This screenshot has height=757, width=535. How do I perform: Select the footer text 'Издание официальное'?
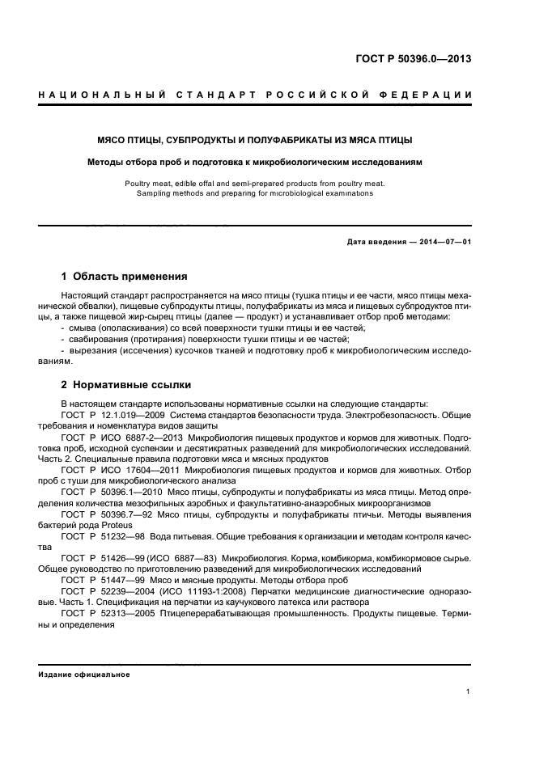point(84,674)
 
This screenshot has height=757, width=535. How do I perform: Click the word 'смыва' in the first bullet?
point(86,328)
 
